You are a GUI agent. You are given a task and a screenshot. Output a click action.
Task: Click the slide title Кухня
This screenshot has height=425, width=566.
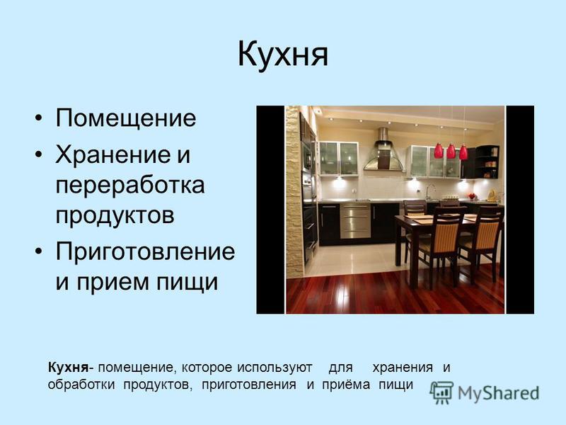pos(282,55)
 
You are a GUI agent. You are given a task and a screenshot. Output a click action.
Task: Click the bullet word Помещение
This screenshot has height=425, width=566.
pos(126,118)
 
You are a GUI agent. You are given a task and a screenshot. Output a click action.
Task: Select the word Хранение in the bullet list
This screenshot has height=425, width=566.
pos(113,154)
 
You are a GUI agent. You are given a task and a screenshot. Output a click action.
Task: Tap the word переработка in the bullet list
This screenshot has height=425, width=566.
pos(130,185)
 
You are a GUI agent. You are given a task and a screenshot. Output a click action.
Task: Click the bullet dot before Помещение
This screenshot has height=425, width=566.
pos(39,118)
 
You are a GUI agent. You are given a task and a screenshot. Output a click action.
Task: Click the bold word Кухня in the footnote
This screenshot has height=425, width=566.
pos(68,368)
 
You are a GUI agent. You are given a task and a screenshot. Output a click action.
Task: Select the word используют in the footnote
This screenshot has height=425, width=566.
pos(275,368)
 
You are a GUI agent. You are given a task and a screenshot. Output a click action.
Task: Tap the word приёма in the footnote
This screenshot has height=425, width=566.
pos(346,385)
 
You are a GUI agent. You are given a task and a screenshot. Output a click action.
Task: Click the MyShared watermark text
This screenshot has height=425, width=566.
pos(499,393)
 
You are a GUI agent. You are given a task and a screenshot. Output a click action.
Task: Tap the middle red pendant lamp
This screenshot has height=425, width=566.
pos(451,152)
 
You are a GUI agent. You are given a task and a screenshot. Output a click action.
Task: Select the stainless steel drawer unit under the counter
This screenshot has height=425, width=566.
pos(355,221)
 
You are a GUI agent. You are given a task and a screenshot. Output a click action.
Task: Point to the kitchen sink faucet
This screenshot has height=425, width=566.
pos(429,191)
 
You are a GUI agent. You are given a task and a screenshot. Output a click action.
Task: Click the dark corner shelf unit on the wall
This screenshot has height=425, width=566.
pos(487,162)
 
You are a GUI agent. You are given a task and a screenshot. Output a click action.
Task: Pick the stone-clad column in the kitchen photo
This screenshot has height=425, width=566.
pos(294,191)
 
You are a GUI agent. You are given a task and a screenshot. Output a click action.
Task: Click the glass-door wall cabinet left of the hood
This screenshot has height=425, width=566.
pos(339,159)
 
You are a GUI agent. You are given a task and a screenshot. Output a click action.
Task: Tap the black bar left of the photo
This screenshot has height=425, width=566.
pos(270,210)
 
